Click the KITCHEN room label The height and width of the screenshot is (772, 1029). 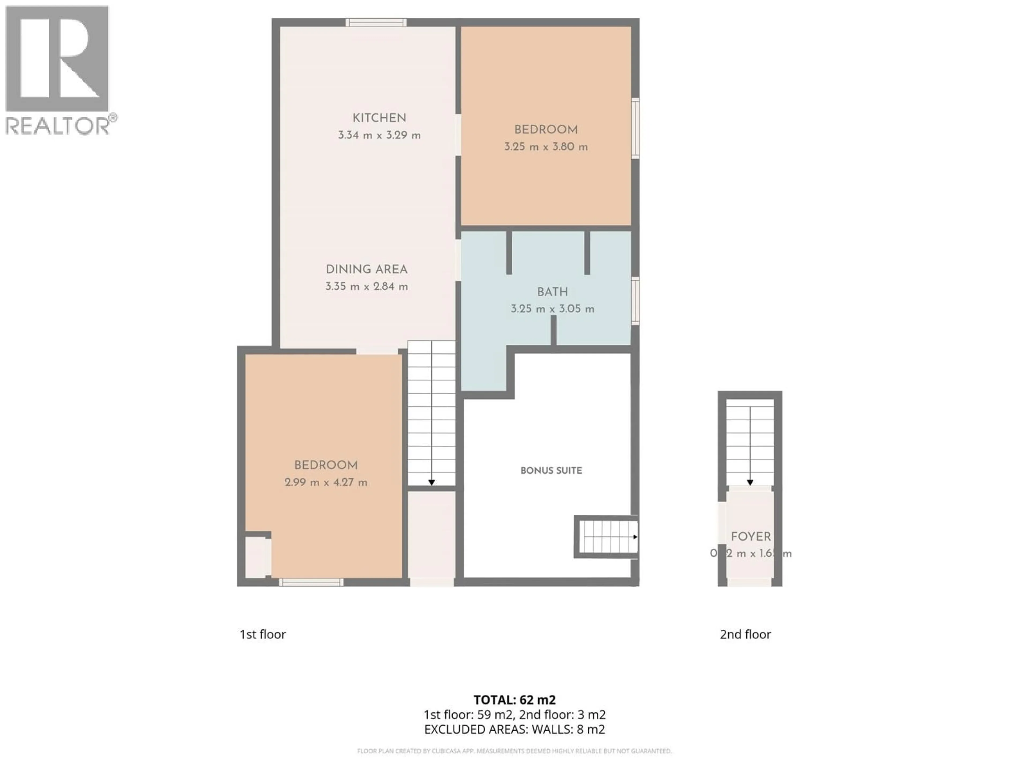379,118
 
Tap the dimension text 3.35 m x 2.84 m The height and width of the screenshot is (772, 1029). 367,287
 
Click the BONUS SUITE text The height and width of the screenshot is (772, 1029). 551,470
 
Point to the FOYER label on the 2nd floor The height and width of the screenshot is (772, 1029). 750,537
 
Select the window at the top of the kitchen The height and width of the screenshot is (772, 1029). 376,22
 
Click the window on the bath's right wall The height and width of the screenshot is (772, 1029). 635,300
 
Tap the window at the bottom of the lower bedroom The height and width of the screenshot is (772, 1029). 311,582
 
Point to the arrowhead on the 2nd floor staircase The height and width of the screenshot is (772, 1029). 750,482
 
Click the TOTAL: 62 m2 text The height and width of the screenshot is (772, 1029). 514,700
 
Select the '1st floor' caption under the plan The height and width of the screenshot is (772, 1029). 262,634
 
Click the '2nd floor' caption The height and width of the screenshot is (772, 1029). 745,634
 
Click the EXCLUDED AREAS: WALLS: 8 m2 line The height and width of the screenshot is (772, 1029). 514,729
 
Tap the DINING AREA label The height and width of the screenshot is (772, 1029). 367,269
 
